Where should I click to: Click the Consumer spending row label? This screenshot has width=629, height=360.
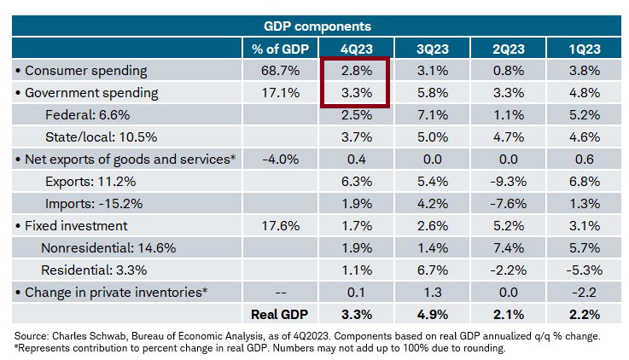coord(86,71)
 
